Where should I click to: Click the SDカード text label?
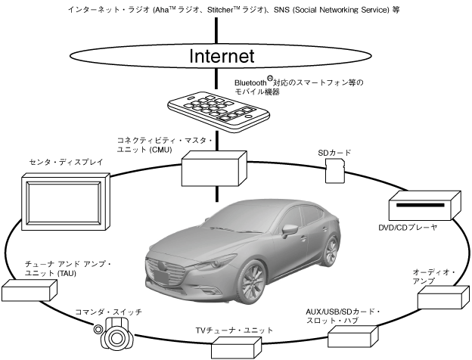point(334,153)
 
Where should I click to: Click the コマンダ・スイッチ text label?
point(108,312)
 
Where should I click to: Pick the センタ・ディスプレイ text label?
point(59,162)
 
